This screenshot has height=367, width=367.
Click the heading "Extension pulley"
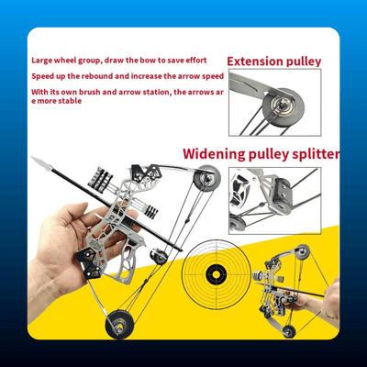click(x=274, y=61)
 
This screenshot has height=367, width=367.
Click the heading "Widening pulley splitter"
click(x=261, y=154)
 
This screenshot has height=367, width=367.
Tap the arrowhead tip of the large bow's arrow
click(x=32, y=158)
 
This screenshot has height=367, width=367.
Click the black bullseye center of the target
click(x=217, y=272)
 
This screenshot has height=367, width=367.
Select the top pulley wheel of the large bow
click(x=206, y=178)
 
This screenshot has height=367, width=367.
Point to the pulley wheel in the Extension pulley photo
click(x=284, y=106)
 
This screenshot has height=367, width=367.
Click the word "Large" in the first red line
click(x=42, y=61)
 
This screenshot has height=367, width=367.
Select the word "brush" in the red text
click(x=90, y=92)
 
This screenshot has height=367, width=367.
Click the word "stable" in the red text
click(x=70, y=101)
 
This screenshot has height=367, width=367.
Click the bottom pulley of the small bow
click(x=289, y=331)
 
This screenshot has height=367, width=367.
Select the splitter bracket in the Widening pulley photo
click(x=283, y=195)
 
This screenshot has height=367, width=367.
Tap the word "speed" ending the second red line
click(x=213, y=77)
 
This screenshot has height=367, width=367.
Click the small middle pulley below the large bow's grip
click(x=159, y=256)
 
